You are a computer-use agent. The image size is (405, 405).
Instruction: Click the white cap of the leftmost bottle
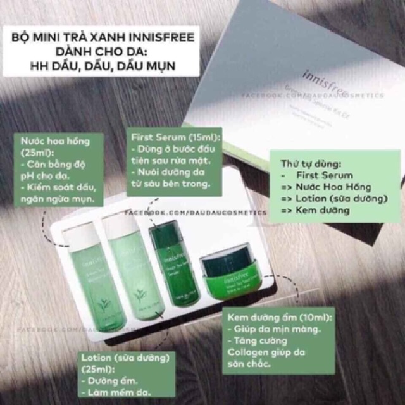78,223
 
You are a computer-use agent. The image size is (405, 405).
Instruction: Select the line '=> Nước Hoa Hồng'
321,187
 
